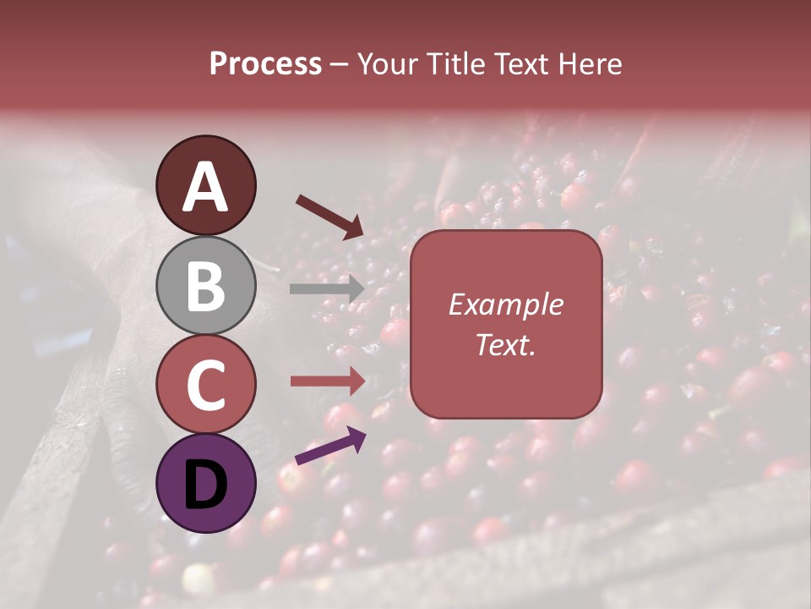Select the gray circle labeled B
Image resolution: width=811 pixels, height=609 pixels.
click(x=206, y=286)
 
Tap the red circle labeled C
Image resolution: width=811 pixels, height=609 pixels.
click(x=206, y=385)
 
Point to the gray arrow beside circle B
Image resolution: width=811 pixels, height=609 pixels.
click(x=327, y=288)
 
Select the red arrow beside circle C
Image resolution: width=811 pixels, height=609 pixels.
click(x=327, y=381)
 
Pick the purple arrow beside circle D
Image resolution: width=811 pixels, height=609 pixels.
click(x=330, y=446)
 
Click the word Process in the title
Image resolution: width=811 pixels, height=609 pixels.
click(x=265, y=64)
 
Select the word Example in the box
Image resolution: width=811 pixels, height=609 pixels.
click(x=506, y=304)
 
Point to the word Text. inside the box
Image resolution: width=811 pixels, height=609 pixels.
click(x=506, y=344)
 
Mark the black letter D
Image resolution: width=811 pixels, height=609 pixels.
click(x=206, y=484)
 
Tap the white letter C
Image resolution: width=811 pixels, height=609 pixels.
click(x=206, y=386)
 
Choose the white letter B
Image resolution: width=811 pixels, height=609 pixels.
click(x=206, y=286)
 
